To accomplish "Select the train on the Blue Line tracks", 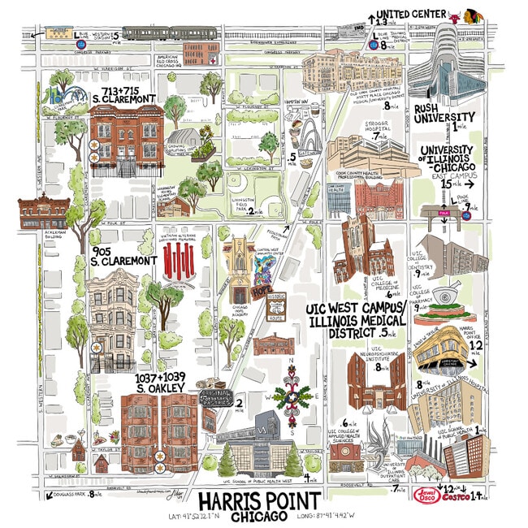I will (154, 32).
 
